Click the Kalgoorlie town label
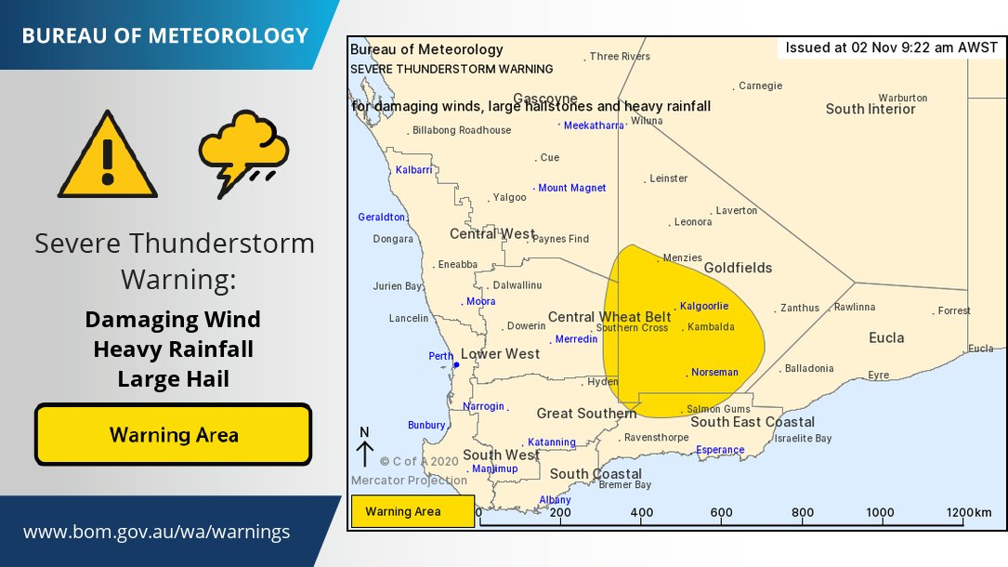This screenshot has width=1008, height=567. click(x=703, y=306)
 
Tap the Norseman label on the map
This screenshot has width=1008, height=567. click(x=714, y=372)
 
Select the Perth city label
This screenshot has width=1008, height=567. click(x=441, y=356)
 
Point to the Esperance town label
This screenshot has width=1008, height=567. click(x=720, y=450)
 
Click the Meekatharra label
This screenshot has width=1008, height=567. click(x=595, y=125)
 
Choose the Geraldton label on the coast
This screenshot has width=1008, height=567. click(x=382, y=217)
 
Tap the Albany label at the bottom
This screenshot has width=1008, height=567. click(x=556, y=500)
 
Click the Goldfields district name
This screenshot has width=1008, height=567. click(x=738, y=268)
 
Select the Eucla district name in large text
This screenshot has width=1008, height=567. click(x=886, y=337)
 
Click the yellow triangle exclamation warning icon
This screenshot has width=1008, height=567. click(x=108, y=156)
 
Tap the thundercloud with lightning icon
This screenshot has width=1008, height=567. click(x=242, y=152)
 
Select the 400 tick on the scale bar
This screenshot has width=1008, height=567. click(x=641, y=512)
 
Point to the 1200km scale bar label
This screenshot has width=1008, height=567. click(x=969, y=512)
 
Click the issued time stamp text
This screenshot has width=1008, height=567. click(x=891, y=47)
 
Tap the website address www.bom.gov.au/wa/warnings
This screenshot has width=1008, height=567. click(x=156, y=533)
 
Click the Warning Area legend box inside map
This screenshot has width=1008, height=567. click(x=412, y=511)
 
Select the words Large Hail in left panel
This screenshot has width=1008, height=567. click(x=173, y=379)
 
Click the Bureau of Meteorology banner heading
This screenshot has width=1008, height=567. click(x=164, y=35)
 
